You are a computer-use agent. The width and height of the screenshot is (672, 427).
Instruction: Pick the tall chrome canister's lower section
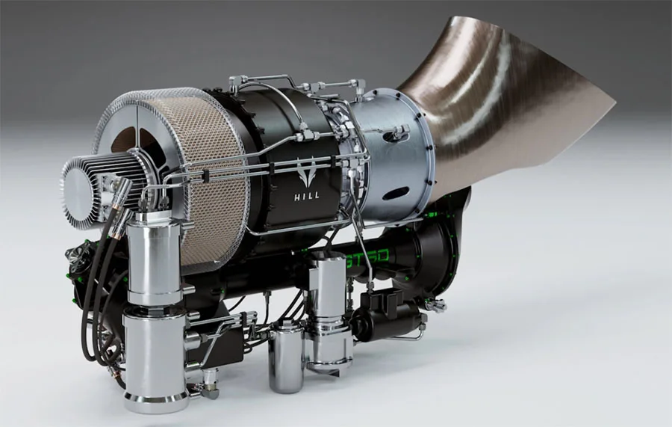coord(155,359)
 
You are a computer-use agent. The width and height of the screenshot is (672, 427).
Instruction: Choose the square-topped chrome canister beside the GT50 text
coord(329,288)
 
